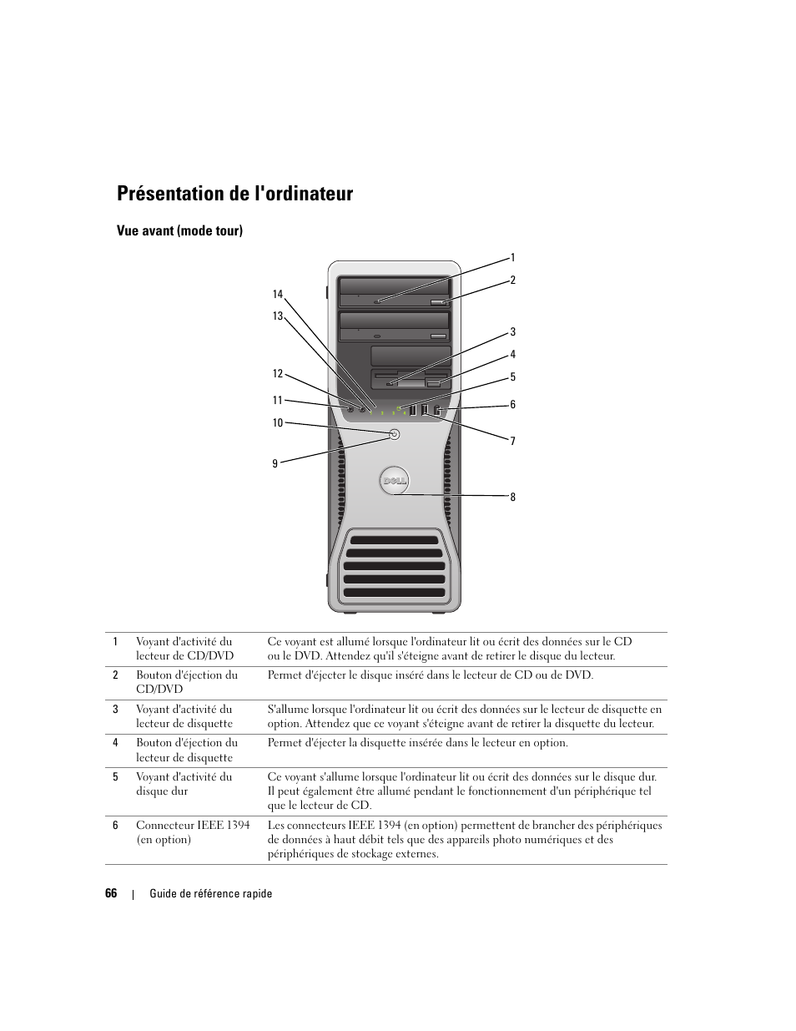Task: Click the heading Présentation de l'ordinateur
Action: point(234,195)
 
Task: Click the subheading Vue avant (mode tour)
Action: point(179,230)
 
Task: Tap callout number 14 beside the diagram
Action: point(278,294)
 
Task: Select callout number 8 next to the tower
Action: point(512,498)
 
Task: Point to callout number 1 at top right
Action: point(512,258)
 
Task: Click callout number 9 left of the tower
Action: point(275,463)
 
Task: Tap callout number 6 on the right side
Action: point(512,405)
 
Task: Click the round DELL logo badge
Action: point(394,480)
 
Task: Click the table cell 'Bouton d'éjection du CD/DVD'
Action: point(187,682)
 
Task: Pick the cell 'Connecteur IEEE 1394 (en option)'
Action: point(193,832)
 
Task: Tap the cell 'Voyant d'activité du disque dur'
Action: point(184,784)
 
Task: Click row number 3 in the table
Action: point(116,710)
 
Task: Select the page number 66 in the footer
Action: point(111,893)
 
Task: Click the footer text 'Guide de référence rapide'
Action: point(211,893)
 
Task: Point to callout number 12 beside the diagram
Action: point(278,374)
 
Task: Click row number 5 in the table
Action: point(116,776)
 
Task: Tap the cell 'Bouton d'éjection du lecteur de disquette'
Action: point(187,750)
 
